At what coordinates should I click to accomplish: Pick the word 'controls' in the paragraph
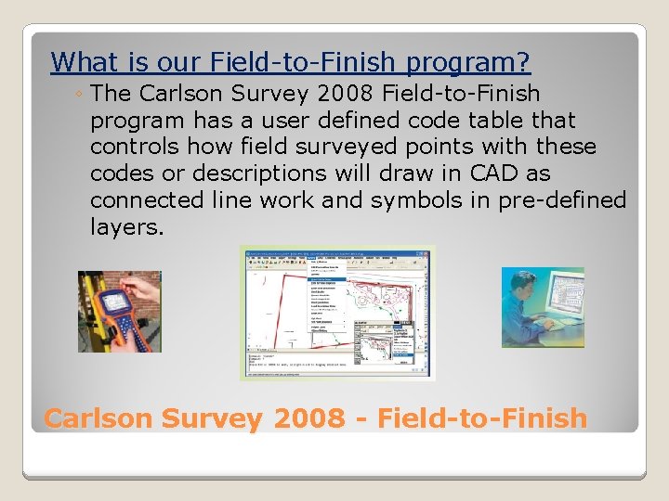[135, 147]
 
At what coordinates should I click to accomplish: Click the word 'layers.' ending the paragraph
[126, 227]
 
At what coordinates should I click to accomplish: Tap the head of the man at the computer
[521, 283]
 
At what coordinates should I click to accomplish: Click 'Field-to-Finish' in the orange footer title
[483, 418]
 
